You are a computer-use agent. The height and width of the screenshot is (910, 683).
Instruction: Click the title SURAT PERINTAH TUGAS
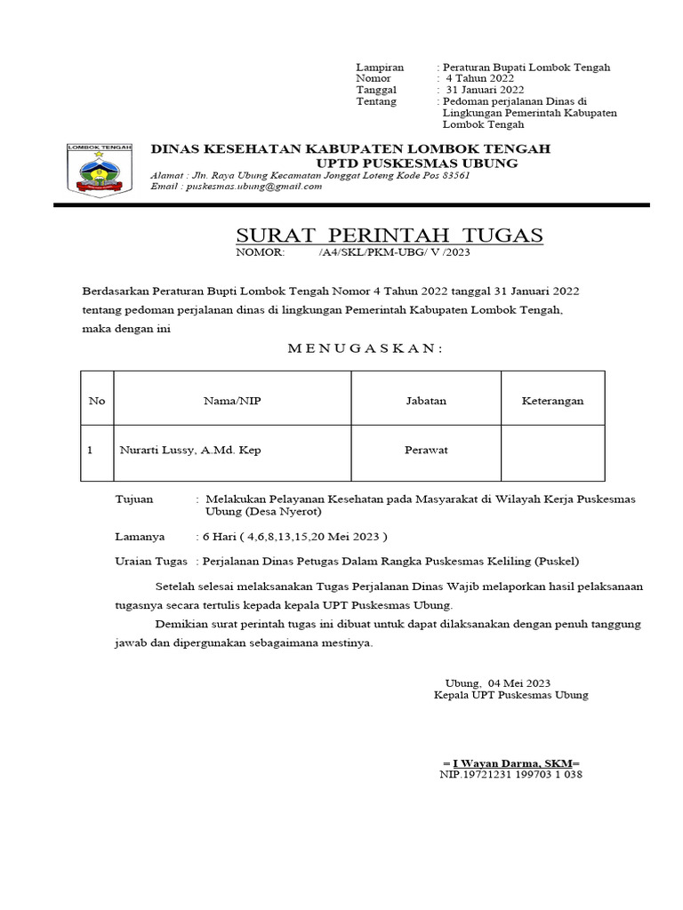pos(389,235)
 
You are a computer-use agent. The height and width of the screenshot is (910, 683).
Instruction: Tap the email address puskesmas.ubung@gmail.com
pos(251,186)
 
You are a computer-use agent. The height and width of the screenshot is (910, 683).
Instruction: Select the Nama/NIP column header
pos(232,402)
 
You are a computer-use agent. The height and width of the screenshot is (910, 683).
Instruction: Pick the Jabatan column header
pos(426,402)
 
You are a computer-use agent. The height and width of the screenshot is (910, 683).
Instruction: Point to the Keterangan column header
pos(552,402)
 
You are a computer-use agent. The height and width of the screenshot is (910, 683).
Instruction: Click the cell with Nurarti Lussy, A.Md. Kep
pos(190,451)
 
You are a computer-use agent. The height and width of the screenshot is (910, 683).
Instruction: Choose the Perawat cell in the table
pos(426,451)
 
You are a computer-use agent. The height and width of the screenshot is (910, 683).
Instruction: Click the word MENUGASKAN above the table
pos(364,348)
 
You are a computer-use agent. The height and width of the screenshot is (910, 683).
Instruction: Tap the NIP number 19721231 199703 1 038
pos(511,775)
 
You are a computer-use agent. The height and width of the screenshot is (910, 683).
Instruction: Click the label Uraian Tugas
pos(151,562)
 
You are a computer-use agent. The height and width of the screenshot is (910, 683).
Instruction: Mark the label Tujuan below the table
pos(134,500)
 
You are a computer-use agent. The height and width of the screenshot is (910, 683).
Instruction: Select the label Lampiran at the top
pos(380,68)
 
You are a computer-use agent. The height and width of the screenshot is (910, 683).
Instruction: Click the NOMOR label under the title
pos(259,253)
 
